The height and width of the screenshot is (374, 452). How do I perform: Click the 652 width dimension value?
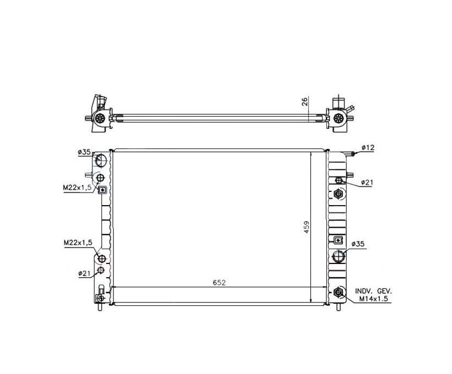pos(219,283)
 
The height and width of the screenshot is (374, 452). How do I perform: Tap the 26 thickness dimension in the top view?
pos(305,101)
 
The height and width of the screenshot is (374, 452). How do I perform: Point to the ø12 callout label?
pos(368,147)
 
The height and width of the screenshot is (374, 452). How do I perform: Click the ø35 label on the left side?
pos(84,152)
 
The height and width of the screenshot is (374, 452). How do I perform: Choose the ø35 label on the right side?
pos(358,244)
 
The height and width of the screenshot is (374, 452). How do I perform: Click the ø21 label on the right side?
pos(367,183)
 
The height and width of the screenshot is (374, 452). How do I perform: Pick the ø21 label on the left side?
pos(84,273)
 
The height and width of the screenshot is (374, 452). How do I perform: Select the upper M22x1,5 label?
pos(77,188)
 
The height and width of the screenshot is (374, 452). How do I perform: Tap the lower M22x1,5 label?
pos(78,243)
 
